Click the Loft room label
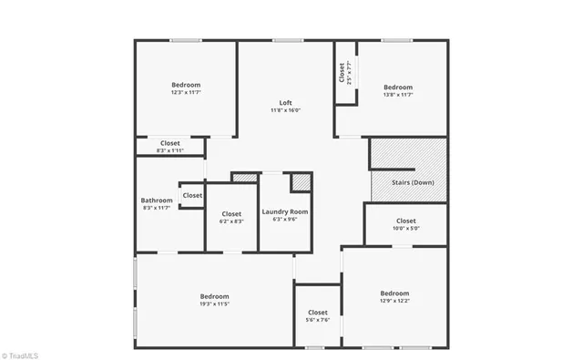(x=284, y=102)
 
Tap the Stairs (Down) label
(x=412, y=182)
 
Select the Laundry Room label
(x=285, y=211)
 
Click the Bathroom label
(x=157, y=201)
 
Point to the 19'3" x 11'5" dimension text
(x=214, y=304)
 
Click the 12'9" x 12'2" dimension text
(x=394, y=301)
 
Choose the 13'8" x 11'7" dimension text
(x=398, y=95)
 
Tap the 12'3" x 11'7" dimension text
(x=186, y=92)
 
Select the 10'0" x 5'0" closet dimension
(x=405, y=229)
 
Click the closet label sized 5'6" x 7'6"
(x=317, y=313)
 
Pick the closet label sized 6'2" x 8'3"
(x=230, y=214)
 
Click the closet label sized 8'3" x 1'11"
(x=170, y=143)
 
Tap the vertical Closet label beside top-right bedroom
(x=342, y=72)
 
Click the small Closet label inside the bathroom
(x=192, y=195)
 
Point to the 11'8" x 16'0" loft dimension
(x=284, y=110)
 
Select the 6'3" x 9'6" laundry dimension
(x=285, y=220)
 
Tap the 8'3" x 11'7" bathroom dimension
(x=157, y=209)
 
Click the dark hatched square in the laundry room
(x=301, y=182)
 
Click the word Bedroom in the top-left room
(x=186, y=85)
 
